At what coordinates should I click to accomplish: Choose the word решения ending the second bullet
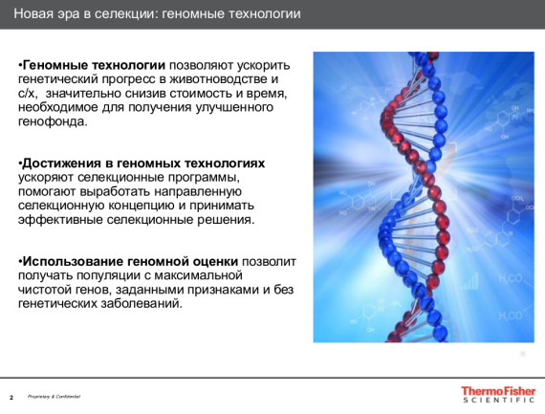[226, 220]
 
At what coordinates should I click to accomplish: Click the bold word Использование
[75, 261]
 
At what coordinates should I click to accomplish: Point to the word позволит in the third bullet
[271, 261]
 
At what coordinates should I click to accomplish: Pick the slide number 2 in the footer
[11, 396]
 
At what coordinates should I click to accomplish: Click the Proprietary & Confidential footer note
[54, 396]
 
